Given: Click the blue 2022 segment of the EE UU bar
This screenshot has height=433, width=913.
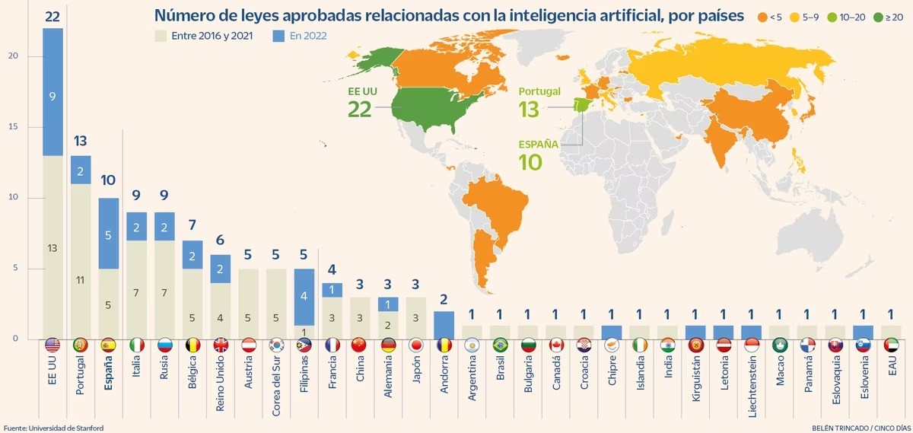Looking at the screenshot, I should (52, 91).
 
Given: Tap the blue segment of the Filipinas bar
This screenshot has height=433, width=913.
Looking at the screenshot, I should (304, 297).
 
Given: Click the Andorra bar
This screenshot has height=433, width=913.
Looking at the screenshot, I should (444, 325).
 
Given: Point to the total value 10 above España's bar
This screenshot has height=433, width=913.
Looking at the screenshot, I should (108, 180).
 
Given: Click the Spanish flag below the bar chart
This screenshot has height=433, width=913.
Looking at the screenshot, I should (108, 345).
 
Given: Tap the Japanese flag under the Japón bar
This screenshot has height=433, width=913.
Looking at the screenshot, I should (415, 345).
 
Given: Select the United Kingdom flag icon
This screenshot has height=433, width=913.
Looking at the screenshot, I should (220, 345).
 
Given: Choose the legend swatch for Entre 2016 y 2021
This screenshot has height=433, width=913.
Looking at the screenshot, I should (160, 35).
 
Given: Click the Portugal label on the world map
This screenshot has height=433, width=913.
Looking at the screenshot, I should (539, 91).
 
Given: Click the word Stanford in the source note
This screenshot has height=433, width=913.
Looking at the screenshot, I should (87, 428).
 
